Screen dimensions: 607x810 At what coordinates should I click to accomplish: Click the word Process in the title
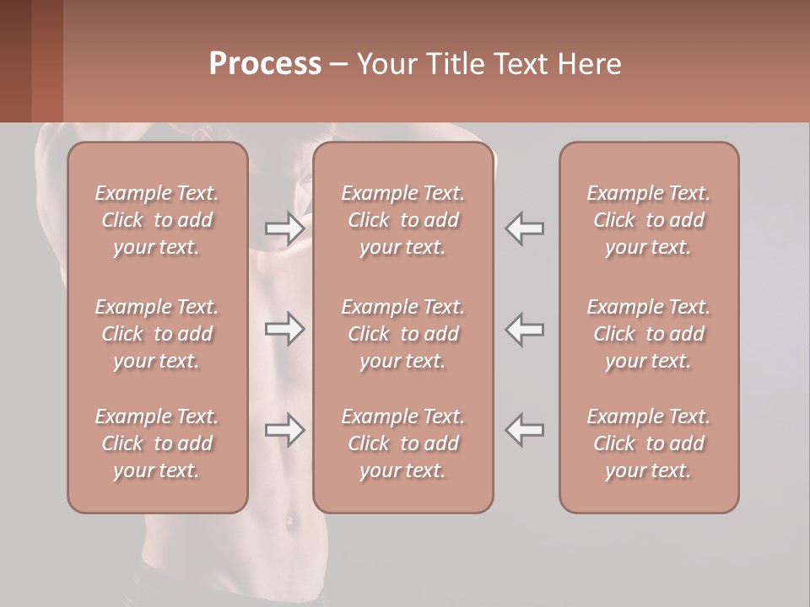click(x=265, y=64)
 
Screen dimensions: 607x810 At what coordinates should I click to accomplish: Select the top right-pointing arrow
click(x=284, y=228)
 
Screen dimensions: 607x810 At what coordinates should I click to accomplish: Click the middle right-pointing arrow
click(x=284, y=329)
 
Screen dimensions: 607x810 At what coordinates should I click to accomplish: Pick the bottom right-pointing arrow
click(x=284, y=431)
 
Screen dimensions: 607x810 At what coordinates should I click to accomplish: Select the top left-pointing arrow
click(x=525, y=228)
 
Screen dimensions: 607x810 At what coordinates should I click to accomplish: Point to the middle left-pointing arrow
click(x=525, y=329)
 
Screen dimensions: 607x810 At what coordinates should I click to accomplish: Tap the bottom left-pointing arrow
click(x=525, y=431)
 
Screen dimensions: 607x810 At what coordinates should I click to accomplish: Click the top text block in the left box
click(x=157, y=220)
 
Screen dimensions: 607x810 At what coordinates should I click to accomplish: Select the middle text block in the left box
click(x=157, y=334)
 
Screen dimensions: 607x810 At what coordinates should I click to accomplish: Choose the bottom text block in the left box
click(x=157, y=443)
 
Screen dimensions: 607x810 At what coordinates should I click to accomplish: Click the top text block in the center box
click(x=402, y=220)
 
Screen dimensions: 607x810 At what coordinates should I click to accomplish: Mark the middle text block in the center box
click(x=402, y=334)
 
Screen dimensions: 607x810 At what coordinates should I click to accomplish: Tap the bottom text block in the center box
click(x=402, y=443)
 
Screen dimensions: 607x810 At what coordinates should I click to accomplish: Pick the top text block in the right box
click(x=648, y=220)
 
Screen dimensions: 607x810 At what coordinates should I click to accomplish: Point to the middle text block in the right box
click(x=648, y=334)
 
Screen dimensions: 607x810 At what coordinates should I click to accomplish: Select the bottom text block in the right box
click(x=648, y=443)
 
